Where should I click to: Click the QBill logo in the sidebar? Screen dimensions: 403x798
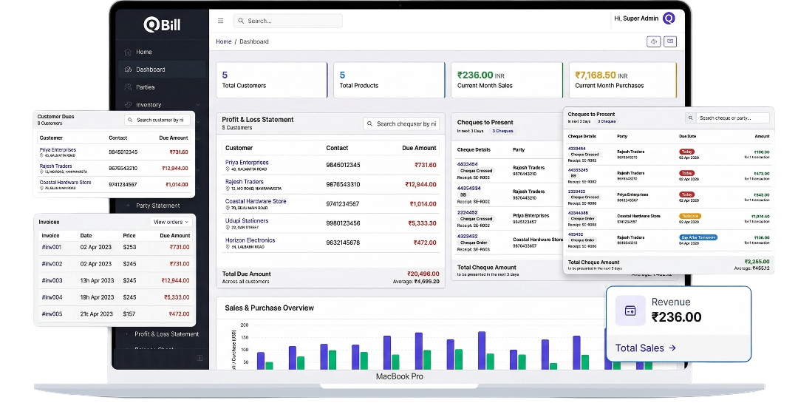161,24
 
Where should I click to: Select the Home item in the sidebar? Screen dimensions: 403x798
143,52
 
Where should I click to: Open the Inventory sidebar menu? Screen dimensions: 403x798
149,105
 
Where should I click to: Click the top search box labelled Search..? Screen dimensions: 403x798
288,21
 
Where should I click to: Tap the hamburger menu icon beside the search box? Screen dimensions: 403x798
221,21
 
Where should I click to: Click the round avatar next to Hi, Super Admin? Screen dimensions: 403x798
669,18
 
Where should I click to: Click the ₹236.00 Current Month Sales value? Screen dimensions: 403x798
474,75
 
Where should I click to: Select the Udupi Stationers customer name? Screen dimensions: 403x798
246,220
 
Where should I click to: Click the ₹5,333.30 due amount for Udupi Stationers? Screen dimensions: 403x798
421,223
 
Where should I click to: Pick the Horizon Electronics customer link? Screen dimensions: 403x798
250,240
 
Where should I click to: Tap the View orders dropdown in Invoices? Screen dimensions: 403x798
171,222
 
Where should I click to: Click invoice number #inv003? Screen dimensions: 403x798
52,280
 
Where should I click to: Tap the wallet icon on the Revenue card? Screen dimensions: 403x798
630,311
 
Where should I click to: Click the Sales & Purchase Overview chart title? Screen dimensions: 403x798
269,308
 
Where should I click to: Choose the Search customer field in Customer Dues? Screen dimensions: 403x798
157,120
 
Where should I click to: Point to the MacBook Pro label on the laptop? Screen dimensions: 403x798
399,376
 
